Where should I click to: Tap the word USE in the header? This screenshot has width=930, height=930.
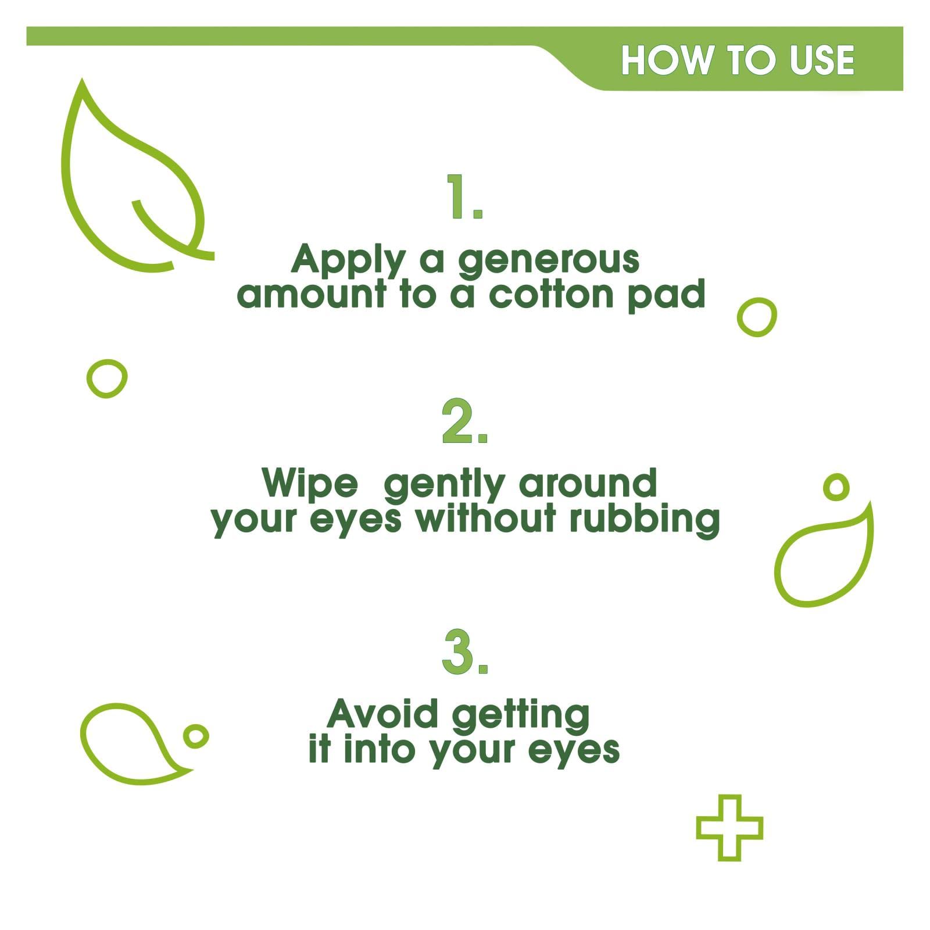(822, 60)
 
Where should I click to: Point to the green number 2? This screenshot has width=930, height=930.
(465, 421)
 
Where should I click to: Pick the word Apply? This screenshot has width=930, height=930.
(348, 260)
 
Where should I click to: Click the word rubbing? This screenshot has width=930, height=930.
(645, 520)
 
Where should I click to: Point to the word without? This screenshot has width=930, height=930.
(486, 518)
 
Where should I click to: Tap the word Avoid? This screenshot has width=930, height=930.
(382, 713)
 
